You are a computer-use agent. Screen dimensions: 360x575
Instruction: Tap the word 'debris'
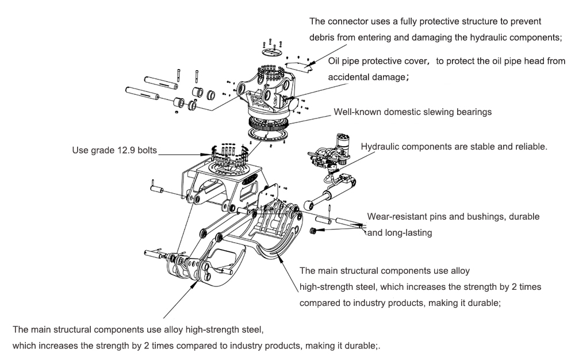click(323, 37)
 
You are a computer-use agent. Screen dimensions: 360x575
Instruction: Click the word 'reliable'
click(530, 147)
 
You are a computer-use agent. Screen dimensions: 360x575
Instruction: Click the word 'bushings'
click(490, 217)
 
